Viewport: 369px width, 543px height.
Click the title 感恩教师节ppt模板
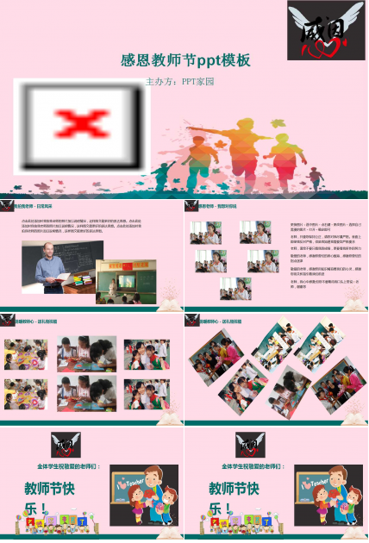[185, 60]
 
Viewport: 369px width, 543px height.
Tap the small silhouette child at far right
[315, 178]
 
